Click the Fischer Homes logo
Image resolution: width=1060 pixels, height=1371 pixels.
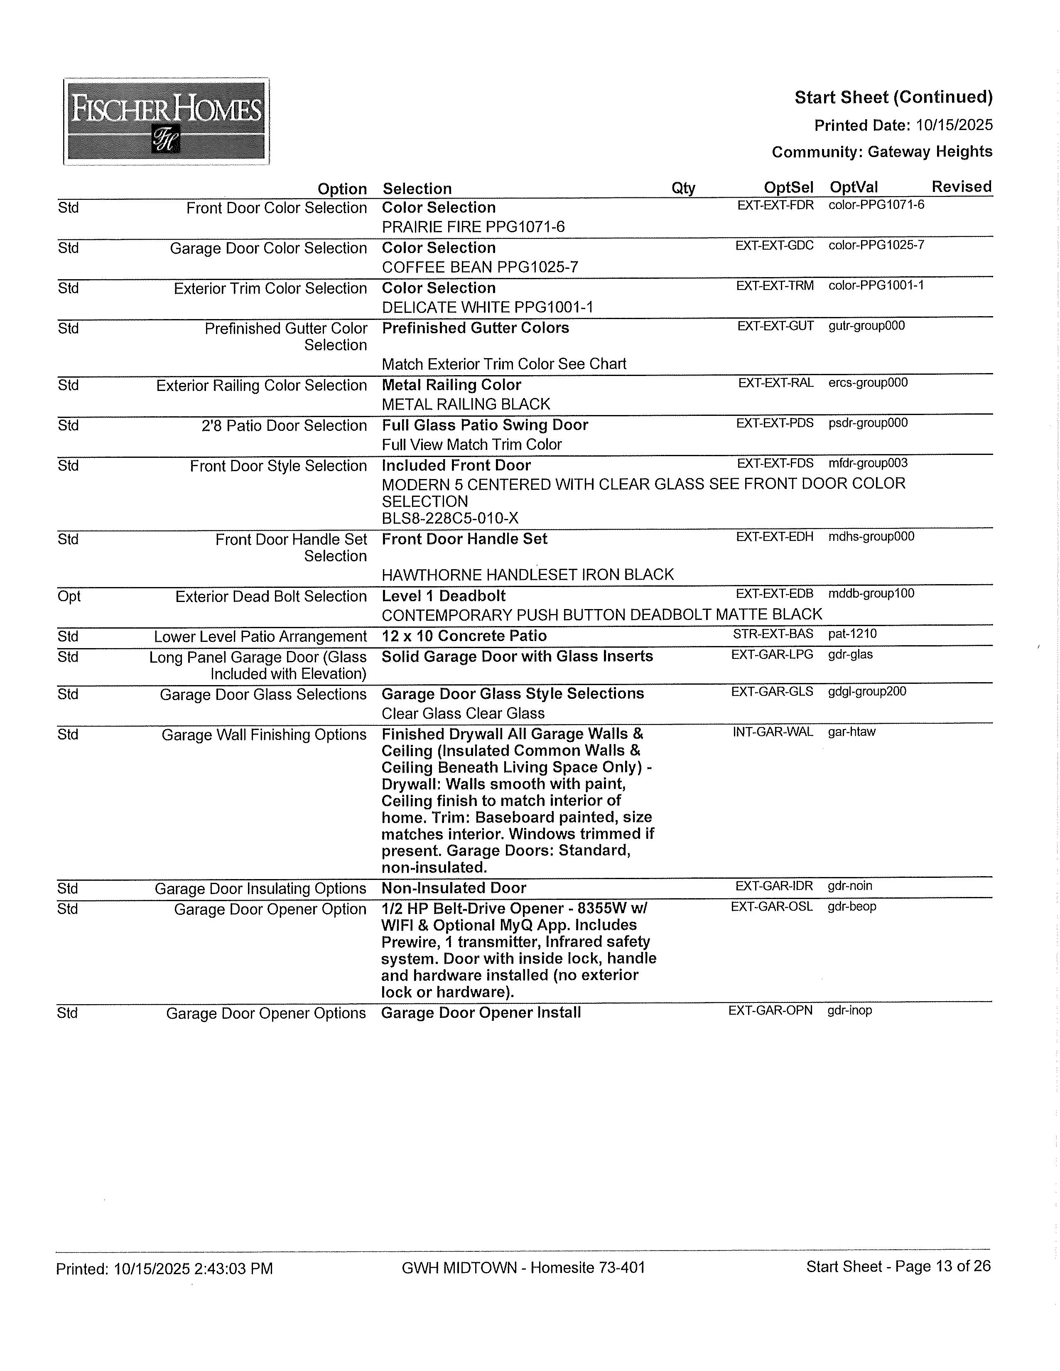coord(166,122)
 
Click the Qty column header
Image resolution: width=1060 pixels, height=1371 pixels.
coord(683,188)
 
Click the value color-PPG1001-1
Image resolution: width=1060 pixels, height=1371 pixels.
coord(876,286)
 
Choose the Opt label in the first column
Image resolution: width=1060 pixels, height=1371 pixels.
coord(69,596)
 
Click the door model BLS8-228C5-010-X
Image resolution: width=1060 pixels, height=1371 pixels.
coord(450,518)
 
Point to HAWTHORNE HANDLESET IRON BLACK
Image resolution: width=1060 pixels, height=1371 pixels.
coord(527,575)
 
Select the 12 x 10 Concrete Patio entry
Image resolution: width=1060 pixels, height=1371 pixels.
coord(464,636)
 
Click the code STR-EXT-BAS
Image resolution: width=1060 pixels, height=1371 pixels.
coord(773,634)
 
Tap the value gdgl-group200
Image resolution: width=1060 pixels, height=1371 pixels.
coord(867,692)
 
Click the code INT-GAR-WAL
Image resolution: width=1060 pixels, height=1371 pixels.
coord(773,732)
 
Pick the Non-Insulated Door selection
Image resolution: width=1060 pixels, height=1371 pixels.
coord(454,888)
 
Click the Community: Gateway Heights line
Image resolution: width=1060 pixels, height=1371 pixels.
coord(882,152)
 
